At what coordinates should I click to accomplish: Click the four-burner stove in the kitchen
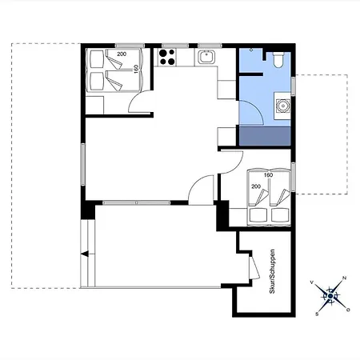click(x=167, y=58)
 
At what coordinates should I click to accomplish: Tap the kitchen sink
click(x=206, y=57)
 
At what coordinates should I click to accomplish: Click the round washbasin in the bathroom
click(x=282, y=106)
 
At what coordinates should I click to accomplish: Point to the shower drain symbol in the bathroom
click(x=251, y=50)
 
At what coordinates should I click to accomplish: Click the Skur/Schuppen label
click(x=272, y=271)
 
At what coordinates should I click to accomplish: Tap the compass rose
click(x=330, y=296)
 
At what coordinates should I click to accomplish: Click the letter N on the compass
click(x=344, y=278)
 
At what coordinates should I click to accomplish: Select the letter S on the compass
click(x=317, y=314)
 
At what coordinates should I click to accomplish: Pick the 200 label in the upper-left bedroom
click(x=122, y=54)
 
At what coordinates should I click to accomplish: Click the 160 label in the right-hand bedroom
click(x=268, y=175)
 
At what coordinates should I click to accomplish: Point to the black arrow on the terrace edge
click(x=85, y=254)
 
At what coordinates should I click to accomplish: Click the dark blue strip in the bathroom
click(x=265, y=136)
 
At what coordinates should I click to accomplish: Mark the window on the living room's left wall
click(x=83, y=164)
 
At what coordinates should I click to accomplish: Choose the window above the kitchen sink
click(x=210, y=46)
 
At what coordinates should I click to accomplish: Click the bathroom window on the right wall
click(x=293, y=86)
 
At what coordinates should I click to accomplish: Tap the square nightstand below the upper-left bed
click(x=94, y=105)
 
